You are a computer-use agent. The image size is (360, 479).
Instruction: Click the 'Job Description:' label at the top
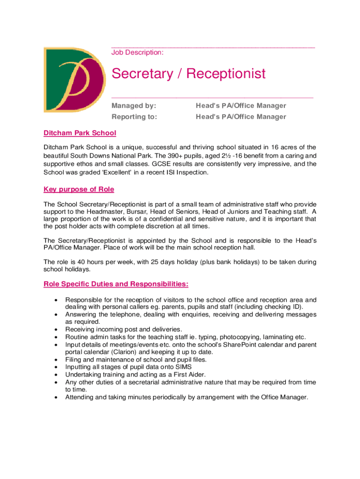[x=137, y=53]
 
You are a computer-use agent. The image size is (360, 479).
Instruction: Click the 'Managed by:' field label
[x=134, y=106]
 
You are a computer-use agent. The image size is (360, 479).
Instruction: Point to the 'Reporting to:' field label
[x=135, y=117]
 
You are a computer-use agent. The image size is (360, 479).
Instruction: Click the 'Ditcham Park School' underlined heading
[x=80, y=133]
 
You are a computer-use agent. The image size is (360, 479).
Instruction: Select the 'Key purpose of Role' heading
[x=79, y=189]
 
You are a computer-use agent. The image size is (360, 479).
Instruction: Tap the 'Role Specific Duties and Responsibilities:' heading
[x=116, y=284]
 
